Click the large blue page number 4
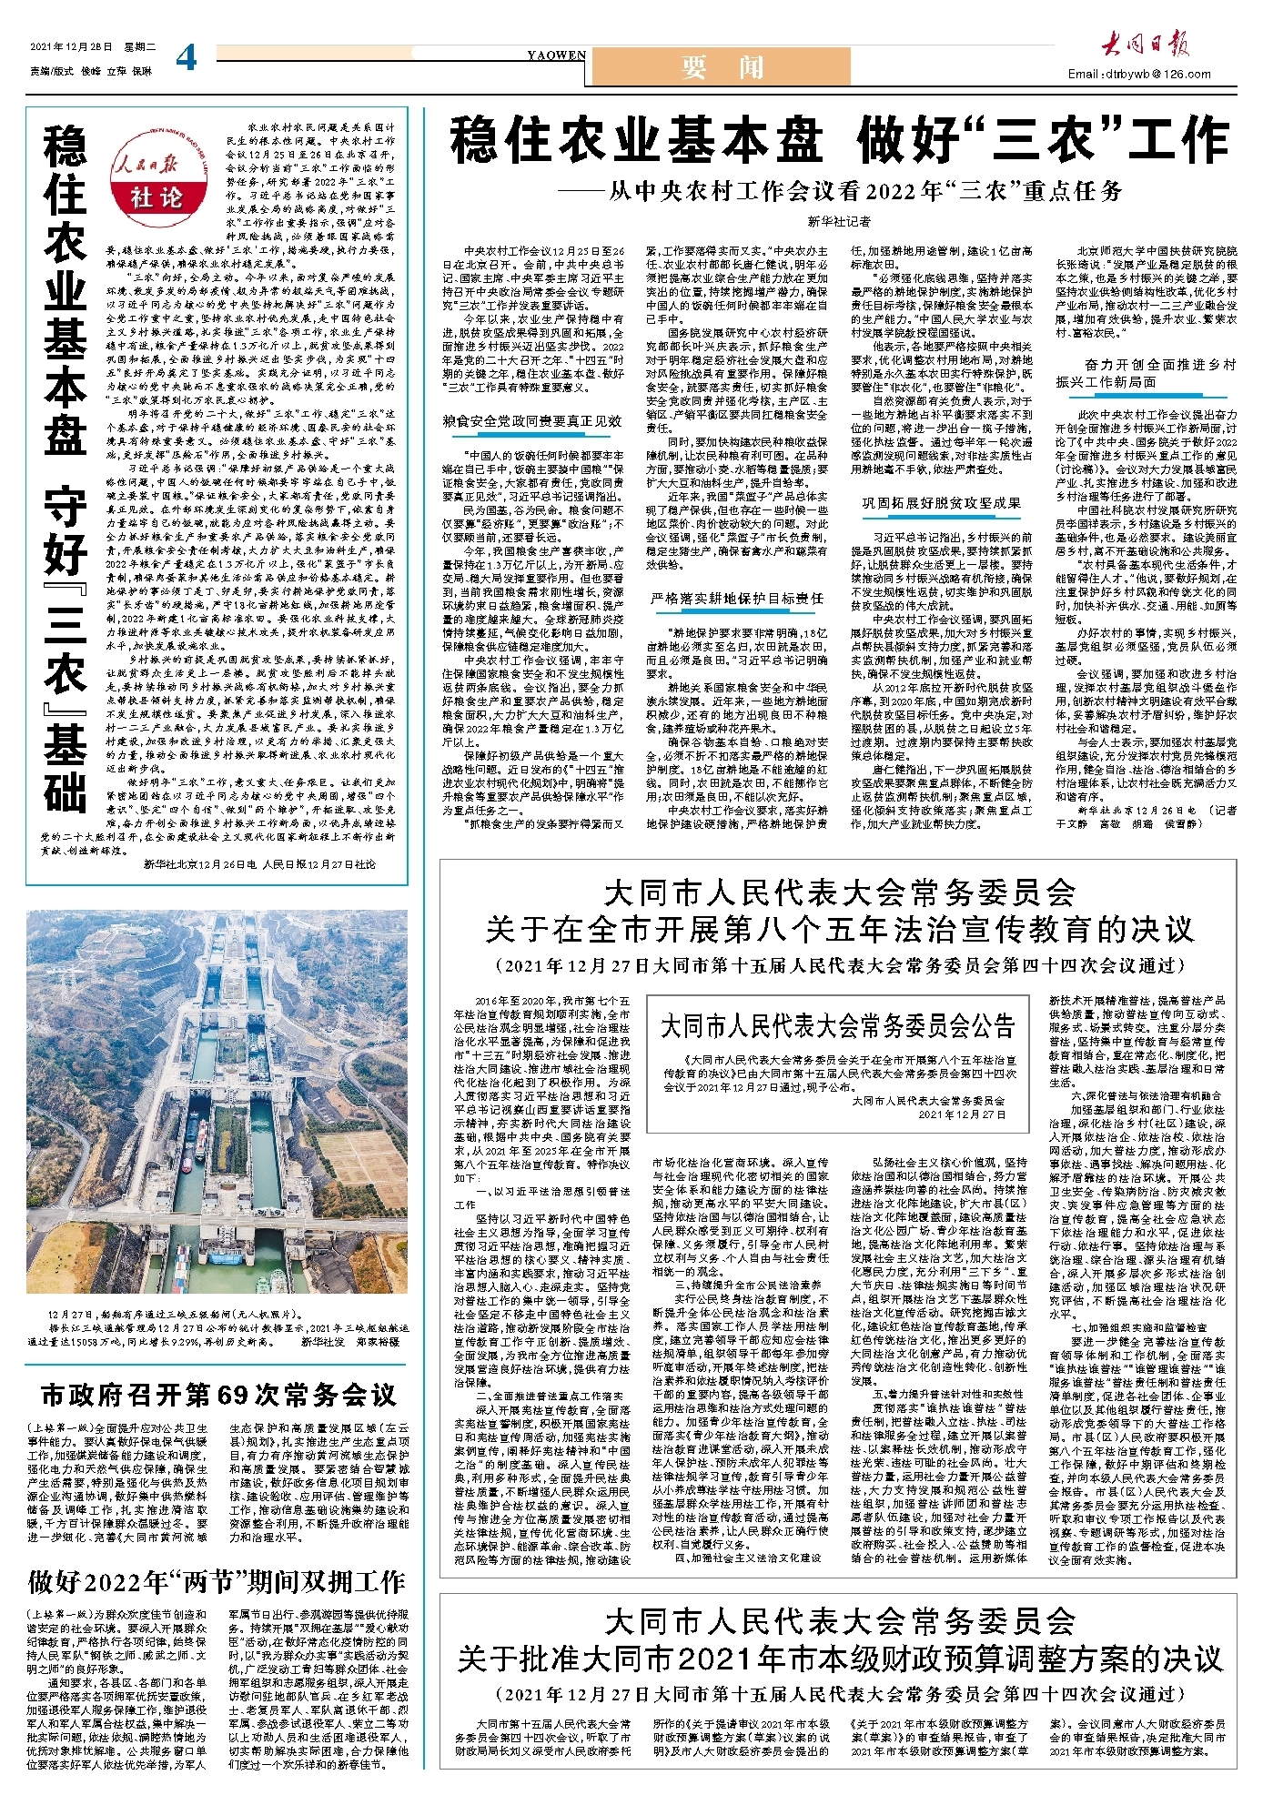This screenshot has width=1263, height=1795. (187, 57)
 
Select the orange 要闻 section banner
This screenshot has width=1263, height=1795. (721, 66)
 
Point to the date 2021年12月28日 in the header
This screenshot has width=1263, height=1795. (70, 47)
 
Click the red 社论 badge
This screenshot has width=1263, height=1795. (157, 197)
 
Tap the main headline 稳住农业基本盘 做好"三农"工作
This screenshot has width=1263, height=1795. (839, 141)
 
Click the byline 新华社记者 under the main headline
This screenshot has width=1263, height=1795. (838, 221)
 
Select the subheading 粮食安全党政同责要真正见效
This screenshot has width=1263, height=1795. (532, 421)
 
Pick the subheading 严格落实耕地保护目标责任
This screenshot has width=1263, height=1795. (737, 598)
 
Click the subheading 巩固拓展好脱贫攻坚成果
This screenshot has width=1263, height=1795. (942, 503)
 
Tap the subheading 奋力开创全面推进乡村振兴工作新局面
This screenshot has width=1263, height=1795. (1147, 373)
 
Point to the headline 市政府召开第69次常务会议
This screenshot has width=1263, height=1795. (218, 1395)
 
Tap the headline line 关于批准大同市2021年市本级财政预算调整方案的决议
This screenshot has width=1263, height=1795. (839, 1658)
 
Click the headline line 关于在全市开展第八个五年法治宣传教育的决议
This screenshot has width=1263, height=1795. (839, 929)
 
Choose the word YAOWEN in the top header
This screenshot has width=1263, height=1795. (556, 55)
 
